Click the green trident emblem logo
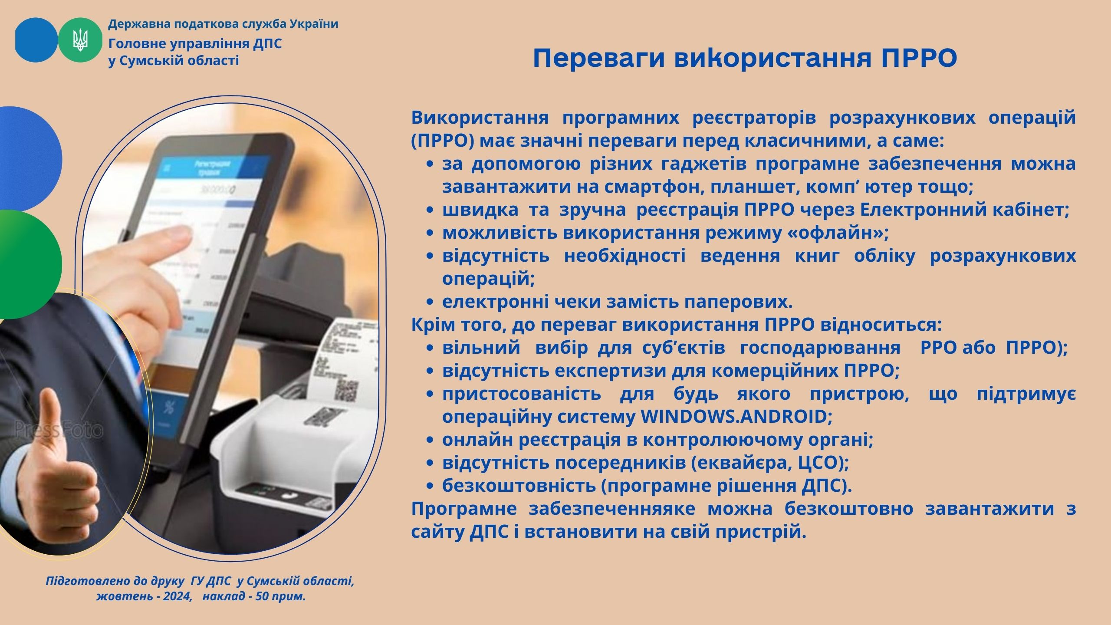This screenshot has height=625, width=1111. coord(80,40)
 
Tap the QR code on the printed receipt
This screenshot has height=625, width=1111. coord(347,390)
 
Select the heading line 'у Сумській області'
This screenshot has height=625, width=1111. coord(174,60)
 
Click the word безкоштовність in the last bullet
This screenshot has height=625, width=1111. coord(519,485)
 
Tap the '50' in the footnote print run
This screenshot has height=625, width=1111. coord(262,596)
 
